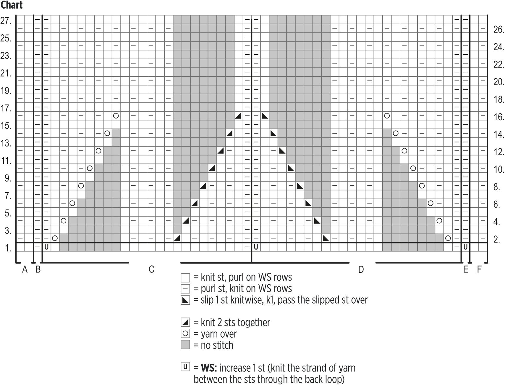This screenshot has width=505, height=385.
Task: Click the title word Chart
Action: (x=12, y=5)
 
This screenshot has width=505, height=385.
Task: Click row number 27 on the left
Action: (x=6, y=21)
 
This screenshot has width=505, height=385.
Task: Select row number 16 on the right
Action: (x=498, y=117)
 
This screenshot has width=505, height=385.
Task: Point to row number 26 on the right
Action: (x=498, y=30)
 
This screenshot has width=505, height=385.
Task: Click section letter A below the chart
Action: (x=25, y=269)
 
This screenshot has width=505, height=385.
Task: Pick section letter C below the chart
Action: (x=151, y=269)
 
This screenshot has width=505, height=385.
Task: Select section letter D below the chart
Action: (x=361, y=269)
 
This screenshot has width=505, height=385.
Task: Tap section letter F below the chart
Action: (x=479, y=269)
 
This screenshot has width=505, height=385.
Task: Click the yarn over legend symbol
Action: (x=185, y=334)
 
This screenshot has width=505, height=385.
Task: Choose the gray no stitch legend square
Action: (x=185, y=345)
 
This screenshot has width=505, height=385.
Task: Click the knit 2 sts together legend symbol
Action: (x=185, y=322)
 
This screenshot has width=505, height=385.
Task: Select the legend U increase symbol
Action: (x=185, y=367)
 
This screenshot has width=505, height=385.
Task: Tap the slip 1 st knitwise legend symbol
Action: (x=185, y=300)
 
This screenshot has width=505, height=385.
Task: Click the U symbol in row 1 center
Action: (x=256, y=247)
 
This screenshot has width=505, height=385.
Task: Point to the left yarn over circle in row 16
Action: (x=116, y=116)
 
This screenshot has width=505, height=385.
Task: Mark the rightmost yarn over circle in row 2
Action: (x=448, y=238)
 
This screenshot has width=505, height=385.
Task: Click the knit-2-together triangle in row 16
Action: (x=238, y=116)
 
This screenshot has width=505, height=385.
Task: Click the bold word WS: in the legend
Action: (x=209, y=368)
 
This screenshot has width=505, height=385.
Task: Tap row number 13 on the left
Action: (x=6, y=144)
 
